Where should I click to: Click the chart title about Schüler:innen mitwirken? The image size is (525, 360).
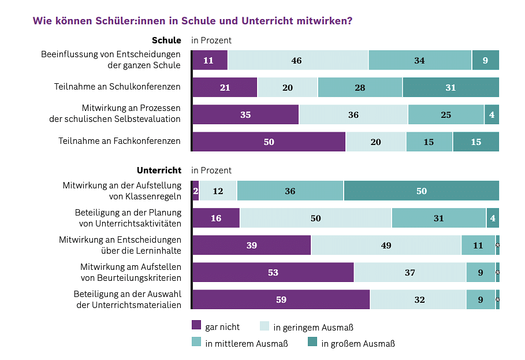pos(192,21)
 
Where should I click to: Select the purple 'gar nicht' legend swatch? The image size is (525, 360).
pos(196,325)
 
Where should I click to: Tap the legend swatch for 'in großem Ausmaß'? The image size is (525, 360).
pos(312,342)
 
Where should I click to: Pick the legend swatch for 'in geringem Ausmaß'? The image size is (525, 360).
pos(265,325)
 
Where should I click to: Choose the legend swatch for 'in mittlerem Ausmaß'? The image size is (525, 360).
pos(196,342)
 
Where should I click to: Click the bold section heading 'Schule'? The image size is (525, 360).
pos(166,40)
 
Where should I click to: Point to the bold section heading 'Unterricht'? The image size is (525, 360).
pos(159,170)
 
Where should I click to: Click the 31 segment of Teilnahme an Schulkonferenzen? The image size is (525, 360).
pos(450,87)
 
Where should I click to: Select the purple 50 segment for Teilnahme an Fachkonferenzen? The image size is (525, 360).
pos(269,142)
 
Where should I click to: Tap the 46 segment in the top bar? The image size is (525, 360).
pos(297,60)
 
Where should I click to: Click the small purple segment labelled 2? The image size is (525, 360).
pos(195,191)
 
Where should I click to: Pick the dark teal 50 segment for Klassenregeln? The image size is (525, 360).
pos(421,191)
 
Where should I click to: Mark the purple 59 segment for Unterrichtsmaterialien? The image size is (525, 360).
pos(281,299)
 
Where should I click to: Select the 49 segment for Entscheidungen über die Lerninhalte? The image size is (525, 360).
pos(386,245)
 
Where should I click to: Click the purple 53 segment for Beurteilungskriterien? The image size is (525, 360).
pos(273,272)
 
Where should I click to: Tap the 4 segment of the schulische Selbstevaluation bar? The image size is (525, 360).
pos(492,114)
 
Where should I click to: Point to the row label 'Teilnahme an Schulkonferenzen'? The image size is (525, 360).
pos(117,87)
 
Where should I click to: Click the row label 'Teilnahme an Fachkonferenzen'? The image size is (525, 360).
pos(120,141)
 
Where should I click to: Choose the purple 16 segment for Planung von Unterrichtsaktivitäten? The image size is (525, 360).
pos(215,218)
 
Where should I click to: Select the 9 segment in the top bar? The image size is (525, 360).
pos(485,60)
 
